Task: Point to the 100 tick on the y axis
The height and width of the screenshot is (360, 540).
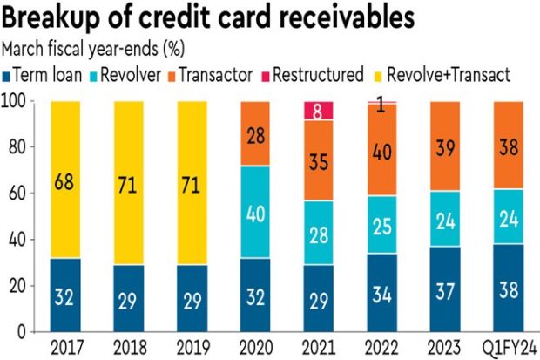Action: (x=16, y=101)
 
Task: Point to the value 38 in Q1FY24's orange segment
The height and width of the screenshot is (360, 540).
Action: (x=510, y=146)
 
